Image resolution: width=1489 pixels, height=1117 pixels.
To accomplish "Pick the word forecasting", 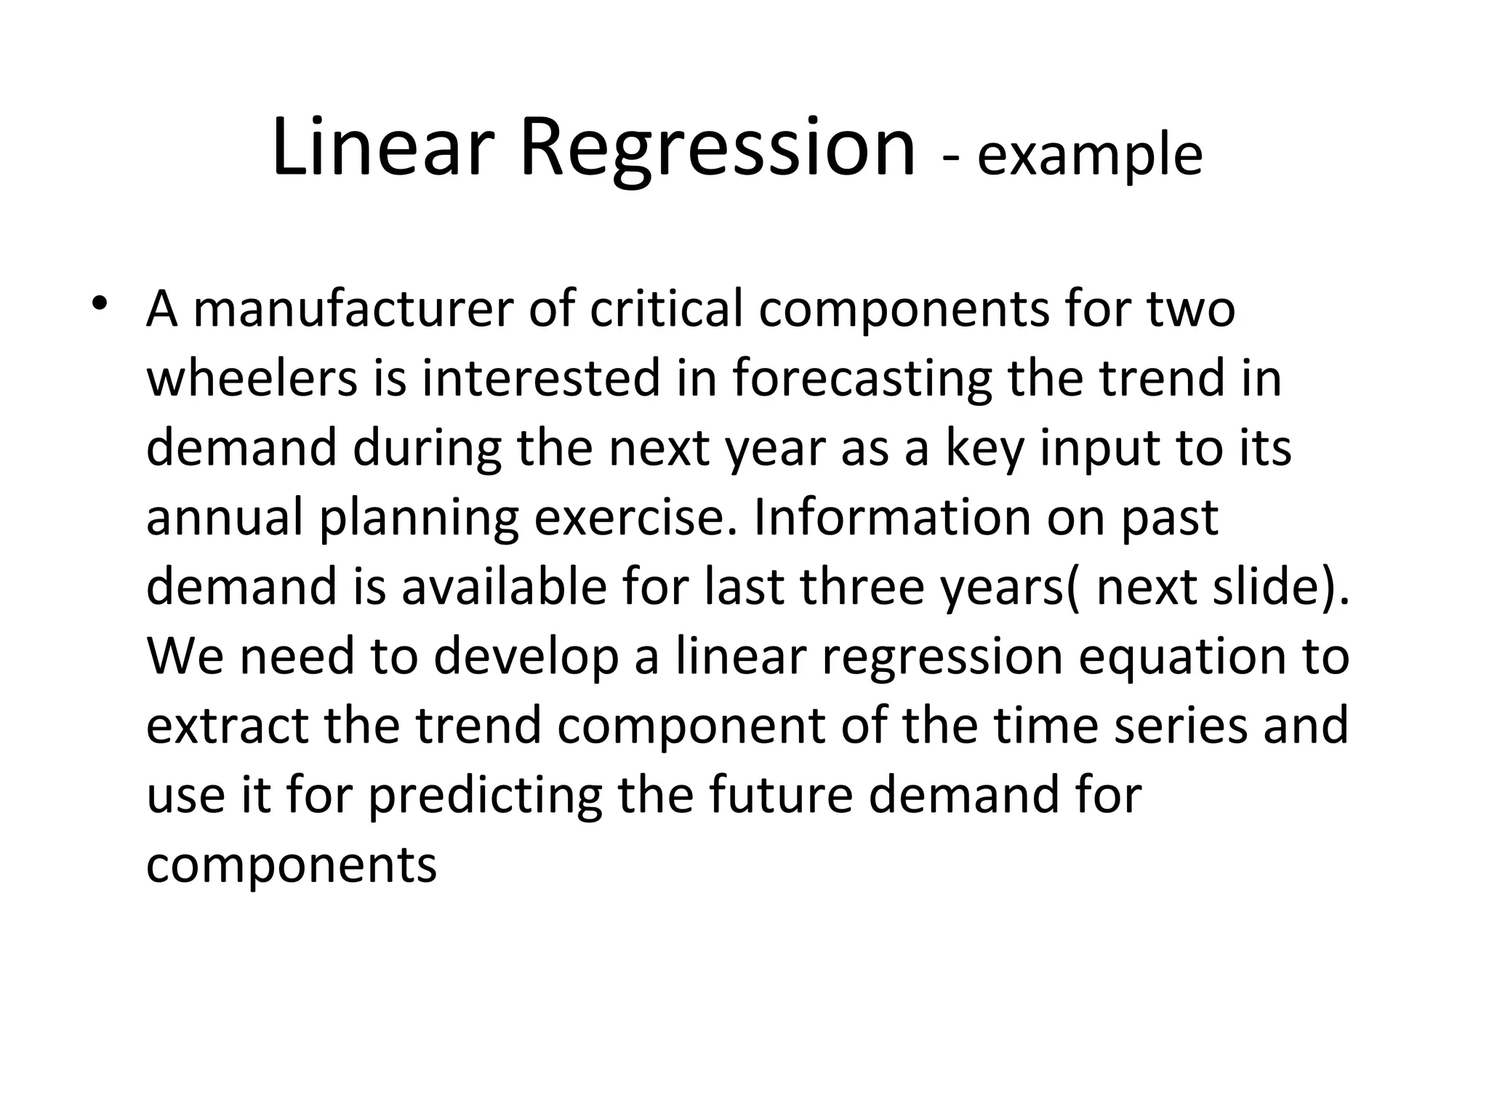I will click(x=862, y=378).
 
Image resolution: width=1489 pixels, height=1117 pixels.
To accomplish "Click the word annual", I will click(x=224, y=517).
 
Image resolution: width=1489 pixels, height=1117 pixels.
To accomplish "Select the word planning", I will click(x=419, y=517).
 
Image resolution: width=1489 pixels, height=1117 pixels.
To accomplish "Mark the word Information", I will click(x=891, y=517).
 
